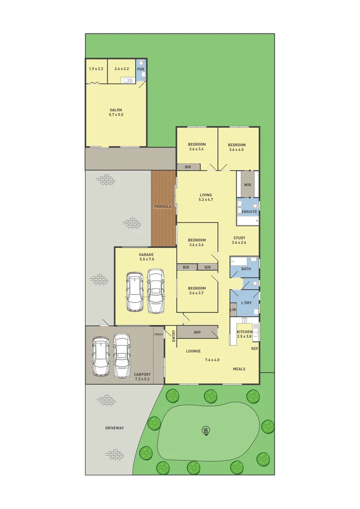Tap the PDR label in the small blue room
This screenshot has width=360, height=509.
coord(140,69)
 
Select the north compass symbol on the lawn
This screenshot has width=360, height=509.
coord(206,430)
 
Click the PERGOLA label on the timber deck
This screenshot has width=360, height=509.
coord(163,207)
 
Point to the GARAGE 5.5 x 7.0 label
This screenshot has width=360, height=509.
coord(147,256)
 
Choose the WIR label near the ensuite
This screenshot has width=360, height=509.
coord(247,185)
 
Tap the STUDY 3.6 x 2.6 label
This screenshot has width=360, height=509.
coord(239,240)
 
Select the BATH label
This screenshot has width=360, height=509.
coord(246,269)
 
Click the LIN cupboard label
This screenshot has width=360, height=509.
coord(233,310)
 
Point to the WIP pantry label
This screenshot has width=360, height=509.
coord(197,332)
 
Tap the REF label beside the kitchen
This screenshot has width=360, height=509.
coord(254,349)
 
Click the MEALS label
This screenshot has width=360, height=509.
coord(239,369)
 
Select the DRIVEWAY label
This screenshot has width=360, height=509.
coord(115,428)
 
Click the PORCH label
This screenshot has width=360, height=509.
coord(158,335)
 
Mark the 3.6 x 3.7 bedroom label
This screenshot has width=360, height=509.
coord(197,291)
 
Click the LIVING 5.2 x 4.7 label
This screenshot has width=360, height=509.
coord(205,197)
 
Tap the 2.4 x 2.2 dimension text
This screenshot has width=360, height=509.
coord(122,69)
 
